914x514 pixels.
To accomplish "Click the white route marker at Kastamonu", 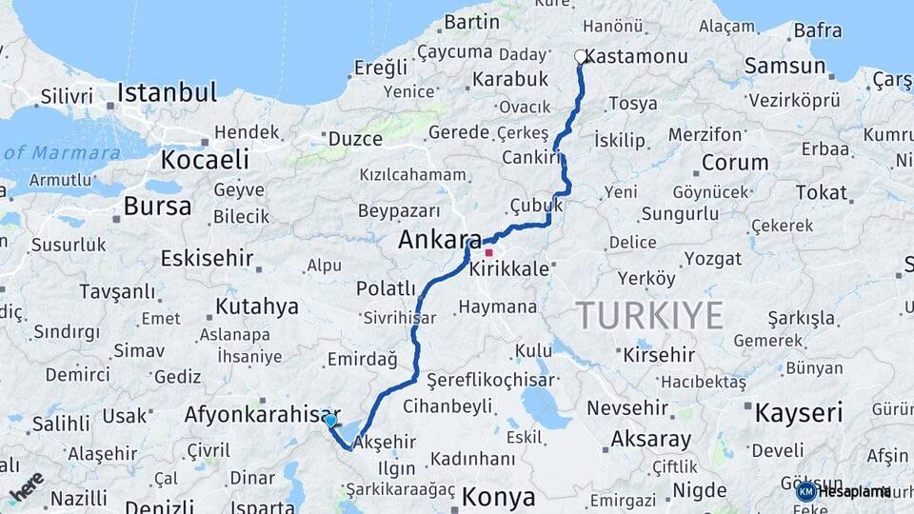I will [581, 57].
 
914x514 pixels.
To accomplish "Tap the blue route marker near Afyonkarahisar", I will [330, 421].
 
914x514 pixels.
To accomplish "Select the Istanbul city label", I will [167, 93].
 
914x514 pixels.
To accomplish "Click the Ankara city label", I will [440, 241].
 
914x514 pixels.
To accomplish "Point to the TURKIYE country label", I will [649, 314].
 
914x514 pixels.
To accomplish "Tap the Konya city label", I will [498, 497].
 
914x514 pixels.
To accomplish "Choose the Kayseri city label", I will [799, 413].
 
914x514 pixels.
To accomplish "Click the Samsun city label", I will [785, 66].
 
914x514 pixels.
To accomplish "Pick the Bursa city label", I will [157, 206].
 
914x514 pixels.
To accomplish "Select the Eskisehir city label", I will [207, 258].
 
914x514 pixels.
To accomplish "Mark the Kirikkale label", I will [509, 269].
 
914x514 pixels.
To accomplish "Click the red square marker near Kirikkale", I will [488, 253].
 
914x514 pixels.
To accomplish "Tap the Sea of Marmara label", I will [61, 152].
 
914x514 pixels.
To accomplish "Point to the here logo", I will [26, 485].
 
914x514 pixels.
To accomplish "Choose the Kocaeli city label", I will [205, 159].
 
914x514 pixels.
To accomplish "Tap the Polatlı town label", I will [386, 287].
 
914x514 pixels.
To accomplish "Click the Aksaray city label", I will [651, 440].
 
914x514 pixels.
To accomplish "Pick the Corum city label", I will [734, 162].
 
